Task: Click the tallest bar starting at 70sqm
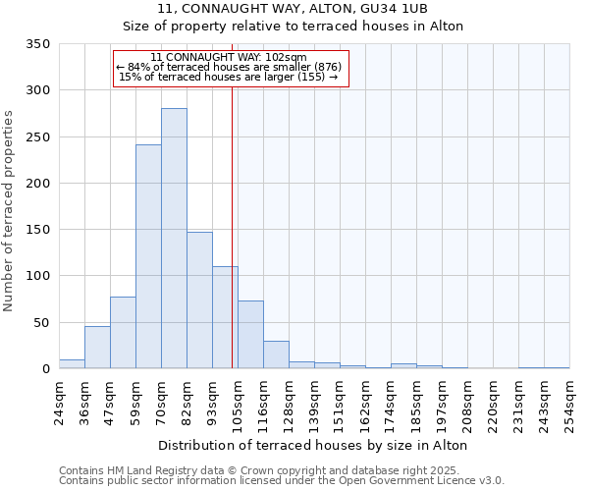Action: tap(174, 239)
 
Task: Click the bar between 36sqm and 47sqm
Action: tap(97, 348)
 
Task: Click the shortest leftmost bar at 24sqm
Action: tap(72, 363)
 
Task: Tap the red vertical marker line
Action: tap(232, 245)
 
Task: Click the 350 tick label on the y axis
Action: tap(37, 44)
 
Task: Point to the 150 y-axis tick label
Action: tap(37, 230)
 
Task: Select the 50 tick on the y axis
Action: tap(41, 322)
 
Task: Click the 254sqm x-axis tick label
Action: tap(569, 403)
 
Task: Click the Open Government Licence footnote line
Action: tap(282, 481)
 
